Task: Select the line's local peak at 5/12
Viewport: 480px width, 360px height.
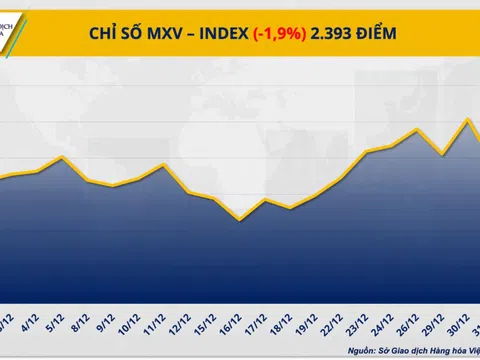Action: tap(63, 157)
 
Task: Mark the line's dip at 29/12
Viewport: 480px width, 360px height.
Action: tap(442, 155)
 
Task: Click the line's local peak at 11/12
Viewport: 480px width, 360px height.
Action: tap(164, 165)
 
